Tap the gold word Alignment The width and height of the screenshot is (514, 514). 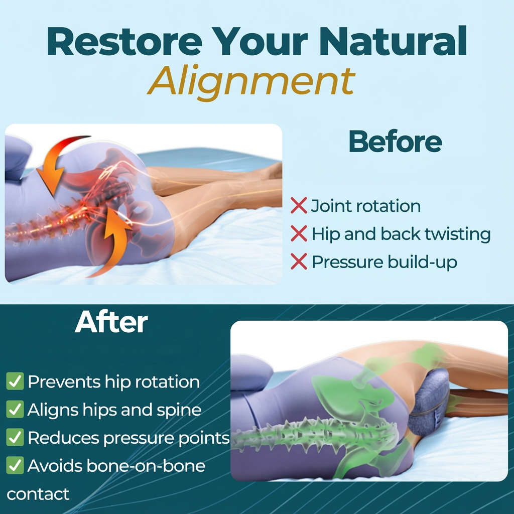tap(251, 81)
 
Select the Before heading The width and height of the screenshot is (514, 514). tap(395, 142)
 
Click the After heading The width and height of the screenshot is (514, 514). tap(111, 323)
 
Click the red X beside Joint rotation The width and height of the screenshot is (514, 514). tap(299, 206)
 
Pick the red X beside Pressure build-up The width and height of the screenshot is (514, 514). tap(299, 262)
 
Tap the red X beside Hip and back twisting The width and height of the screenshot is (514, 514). tap(299, 233)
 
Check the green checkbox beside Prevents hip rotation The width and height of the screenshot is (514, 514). tap(15, 381)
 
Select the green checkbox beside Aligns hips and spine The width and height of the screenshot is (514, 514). tap(15, 410)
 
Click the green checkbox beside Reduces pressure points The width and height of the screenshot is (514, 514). tap(15, 438)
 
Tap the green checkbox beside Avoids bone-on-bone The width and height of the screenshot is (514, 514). tap(15, 466)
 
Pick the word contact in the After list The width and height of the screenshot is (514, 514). tap(38, 494)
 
